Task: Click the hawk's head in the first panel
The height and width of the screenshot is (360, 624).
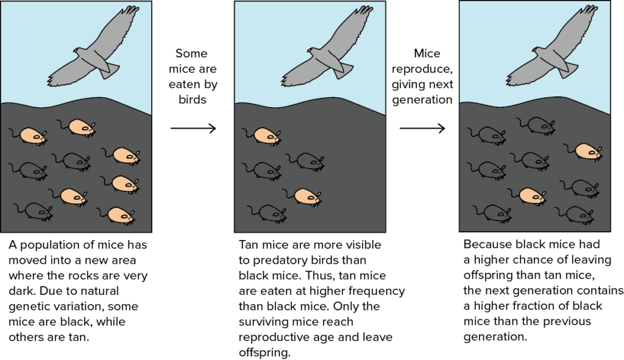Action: pyautogui.click(x=77, y=51)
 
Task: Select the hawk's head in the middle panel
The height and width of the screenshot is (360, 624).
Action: pyautogui.click(x=311, y=51)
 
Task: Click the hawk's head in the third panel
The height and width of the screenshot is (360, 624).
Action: pyautogui.click(x=536, y=51)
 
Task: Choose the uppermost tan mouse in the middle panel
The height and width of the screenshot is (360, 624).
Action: pyautogui.click(x=266, y=136)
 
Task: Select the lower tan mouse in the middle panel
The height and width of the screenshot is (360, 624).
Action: pyautogui.click(x=307, y=196)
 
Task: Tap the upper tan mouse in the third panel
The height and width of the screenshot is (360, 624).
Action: pyautogui.click(x=587, y=151)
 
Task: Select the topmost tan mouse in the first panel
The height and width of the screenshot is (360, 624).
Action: pyautogui.click(x=81, y=127)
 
